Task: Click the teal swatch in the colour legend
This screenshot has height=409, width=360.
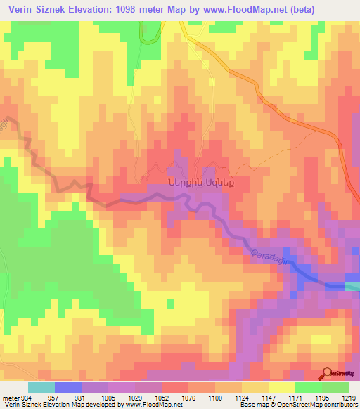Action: click(x=41, y=387)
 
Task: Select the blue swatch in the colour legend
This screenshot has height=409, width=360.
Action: click(x=67, y=387)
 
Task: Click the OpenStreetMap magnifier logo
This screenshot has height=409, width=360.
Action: click(x=328, y=372)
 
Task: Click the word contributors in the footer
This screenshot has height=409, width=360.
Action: click(x=340, y=405)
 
